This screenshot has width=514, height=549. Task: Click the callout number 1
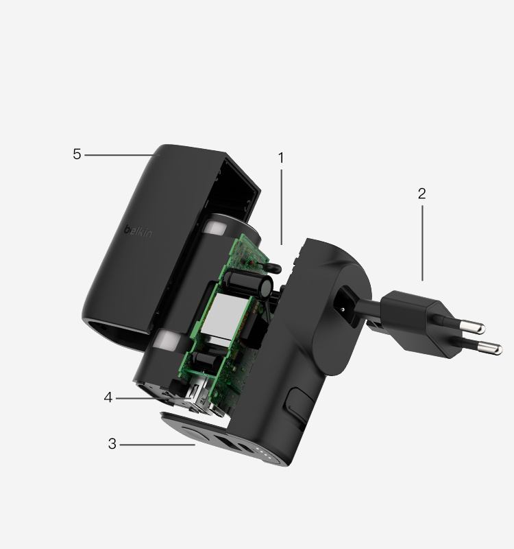281,158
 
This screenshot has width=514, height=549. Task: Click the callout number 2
421,194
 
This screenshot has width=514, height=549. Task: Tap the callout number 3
112,444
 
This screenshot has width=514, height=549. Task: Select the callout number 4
108,397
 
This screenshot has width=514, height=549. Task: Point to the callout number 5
77,154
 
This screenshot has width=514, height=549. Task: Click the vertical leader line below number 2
422,240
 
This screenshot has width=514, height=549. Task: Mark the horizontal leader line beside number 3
158,445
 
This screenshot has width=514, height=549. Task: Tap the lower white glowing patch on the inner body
169,340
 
